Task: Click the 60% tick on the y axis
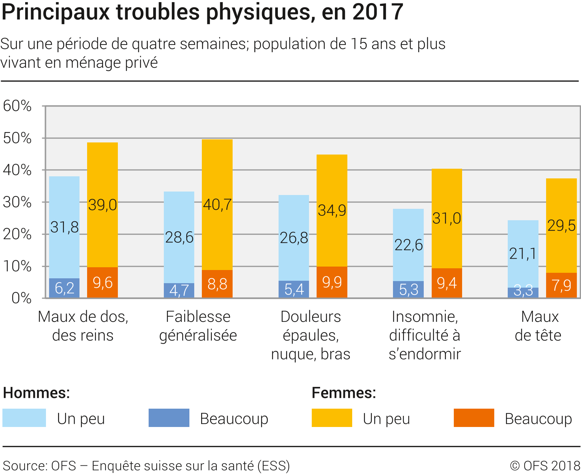point(17,106)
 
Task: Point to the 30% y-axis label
point(17,202)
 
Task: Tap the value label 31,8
point(64,227)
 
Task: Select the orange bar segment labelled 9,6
point(102,282)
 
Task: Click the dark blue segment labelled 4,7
point(179,290)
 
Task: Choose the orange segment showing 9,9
point(332,282)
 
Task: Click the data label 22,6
point(409,245)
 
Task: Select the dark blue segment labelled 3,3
point(523,293)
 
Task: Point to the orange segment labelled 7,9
point(561,285)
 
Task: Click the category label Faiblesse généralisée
point(198,326)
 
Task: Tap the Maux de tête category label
point(538,326)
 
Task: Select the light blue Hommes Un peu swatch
point(24,418)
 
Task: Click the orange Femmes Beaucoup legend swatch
point(474,418)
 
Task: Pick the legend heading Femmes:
point(344,393)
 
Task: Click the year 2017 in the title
point(378,12)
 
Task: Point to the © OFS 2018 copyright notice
point(545,466)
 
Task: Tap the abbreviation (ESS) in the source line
point(273,466)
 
